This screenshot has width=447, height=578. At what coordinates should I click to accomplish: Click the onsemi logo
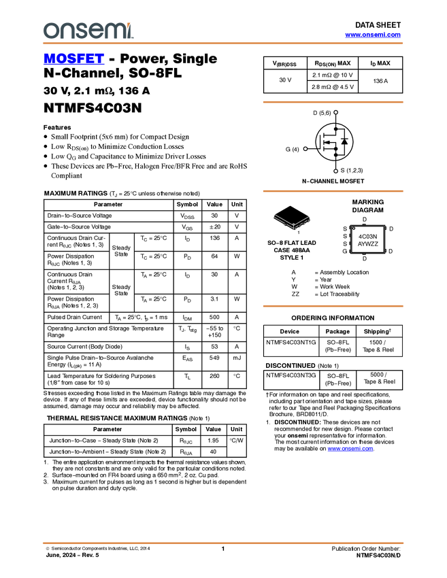tap(88, 31)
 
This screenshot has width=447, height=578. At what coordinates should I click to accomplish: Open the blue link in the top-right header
tap(373, 35)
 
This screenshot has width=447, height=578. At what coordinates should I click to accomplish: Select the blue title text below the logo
tap(73, 58)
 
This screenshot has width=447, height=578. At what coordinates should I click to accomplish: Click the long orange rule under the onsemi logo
tap(222, 44)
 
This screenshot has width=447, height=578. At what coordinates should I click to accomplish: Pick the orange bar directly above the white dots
tap(333, 102)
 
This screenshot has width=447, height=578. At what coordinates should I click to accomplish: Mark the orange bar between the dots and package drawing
tap(333, 191)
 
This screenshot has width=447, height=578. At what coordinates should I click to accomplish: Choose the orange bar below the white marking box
tap(333, 306)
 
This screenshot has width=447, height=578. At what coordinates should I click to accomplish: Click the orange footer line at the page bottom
tap(222, 543)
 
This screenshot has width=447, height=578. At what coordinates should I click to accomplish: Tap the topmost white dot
tap(336, 112)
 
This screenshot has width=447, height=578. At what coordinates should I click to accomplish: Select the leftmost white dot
tap(305, 148)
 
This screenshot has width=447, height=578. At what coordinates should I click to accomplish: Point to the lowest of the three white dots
tap(336, 171)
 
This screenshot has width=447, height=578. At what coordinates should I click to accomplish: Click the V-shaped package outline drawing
tap(293, 221)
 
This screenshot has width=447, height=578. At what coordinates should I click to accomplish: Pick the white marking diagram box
tap(367, 239)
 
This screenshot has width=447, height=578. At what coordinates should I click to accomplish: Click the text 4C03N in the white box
tap(367, 236)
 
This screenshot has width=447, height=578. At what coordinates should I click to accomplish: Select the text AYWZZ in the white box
tap(367, 243)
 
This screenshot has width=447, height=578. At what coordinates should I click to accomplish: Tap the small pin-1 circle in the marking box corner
tap(354, 228)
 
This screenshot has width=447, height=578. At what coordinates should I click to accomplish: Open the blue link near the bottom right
tap(350, 449)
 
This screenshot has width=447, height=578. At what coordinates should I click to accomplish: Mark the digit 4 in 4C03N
tap(360, 236)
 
